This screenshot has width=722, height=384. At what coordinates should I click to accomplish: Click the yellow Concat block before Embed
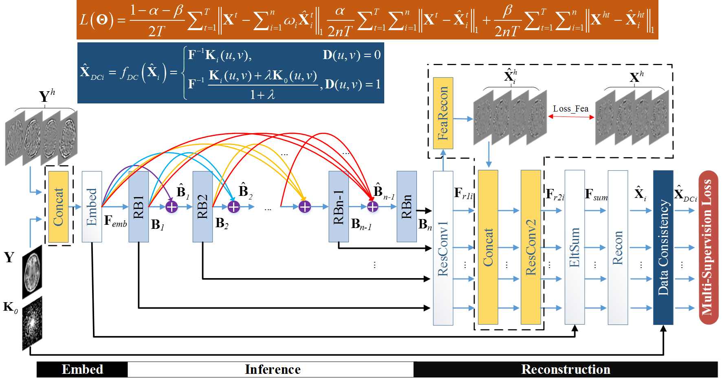pos(58,206)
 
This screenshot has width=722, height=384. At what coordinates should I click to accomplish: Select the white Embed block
pos(92,206)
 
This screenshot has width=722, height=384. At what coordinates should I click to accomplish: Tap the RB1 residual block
pos(139,206)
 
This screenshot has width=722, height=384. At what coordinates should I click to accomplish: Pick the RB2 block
pos(203,206)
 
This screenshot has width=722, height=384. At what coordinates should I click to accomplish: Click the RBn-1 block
pos(339,206)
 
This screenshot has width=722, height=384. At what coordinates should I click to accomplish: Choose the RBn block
pos(407,206)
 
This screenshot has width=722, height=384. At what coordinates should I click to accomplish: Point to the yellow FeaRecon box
pos(443,113)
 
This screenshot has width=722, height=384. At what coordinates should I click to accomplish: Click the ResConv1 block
pos(443,248)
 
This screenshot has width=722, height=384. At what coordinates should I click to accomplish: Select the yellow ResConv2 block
pos(531,247)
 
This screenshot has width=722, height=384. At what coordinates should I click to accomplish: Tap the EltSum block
pos(575,247)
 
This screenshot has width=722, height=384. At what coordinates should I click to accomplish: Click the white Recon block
pos(618,247)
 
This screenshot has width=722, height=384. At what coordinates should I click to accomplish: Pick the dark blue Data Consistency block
pos(663,247)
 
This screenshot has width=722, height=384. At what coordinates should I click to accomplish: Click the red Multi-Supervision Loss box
pos(709,247)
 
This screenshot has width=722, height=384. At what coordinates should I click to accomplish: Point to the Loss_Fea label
pos(570,109)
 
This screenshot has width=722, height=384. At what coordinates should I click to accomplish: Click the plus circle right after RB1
pos(172,207)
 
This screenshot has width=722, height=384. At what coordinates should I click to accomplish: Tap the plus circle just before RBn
pos(373,207)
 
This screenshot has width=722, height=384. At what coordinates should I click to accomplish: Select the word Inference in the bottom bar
pos(273,369)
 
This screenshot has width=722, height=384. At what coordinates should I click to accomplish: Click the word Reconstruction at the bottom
pos(566,369)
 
